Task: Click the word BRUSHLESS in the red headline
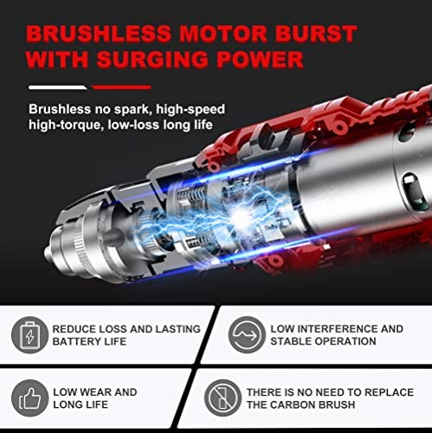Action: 99,34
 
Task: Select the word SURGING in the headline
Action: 153,60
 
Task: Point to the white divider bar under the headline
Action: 57,87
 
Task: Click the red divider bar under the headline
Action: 121,87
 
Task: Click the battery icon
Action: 29,335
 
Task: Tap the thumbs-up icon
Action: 29,398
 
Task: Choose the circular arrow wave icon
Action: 247,334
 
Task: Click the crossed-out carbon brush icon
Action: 222,397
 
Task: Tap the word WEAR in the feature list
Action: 94,392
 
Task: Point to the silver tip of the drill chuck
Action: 48,253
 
